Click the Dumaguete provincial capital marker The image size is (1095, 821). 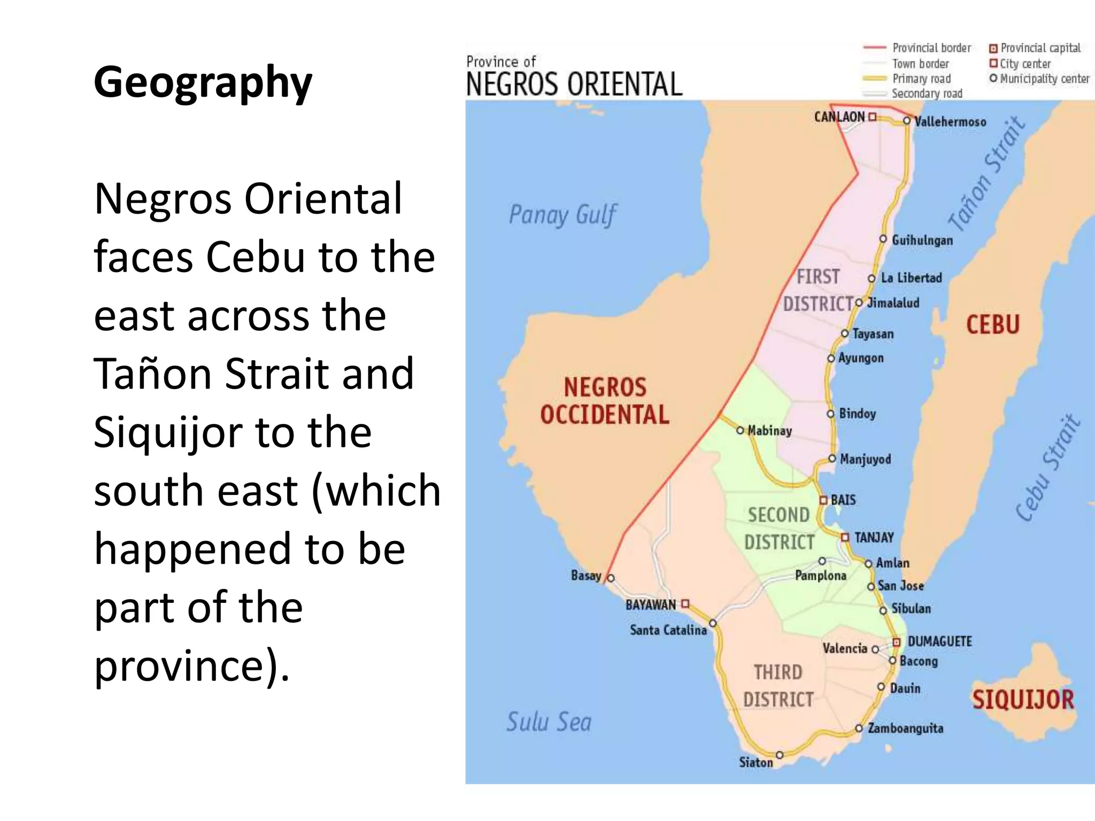point(897,642)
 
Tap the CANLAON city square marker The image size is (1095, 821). point(873,117)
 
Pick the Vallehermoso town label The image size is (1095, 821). point(950,122)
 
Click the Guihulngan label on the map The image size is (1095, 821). point(922,241)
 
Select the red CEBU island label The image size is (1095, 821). point(993,325)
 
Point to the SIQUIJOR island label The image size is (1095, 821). point(1023,700)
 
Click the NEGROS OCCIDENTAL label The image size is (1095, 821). point(605,401)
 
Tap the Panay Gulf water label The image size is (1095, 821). point(562,215)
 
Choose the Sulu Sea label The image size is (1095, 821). point(549,722)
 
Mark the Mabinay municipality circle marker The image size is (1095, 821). point(740,430)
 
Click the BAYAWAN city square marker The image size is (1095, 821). point(685,604)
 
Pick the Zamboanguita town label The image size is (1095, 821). point(905,729)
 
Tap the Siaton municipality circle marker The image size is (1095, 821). point(780,755)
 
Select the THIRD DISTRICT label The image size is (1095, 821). point(778,686)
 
